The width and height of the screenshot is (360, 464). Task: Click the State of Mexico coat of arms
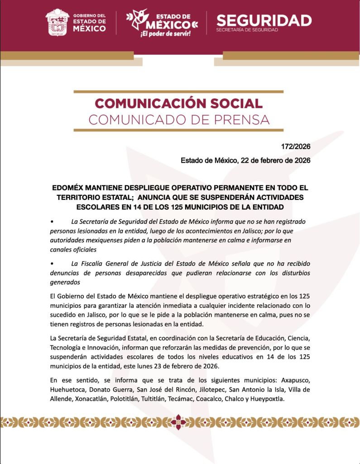(x=57, y=22)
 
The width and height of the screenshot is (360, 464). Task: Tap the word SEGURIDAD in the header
(x=264, y=20)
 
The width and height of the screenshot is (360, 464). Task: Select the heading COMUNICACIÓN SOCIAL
(x=178, y=103)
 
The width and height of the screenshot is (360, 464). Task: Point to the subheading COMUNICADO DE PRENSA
(x=179, y=120)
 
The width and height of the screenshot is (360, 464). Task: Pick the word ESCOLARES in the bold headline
(x=97, y=207)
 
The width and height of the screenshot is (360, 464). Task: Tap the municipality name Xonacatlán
(x=87, y=398)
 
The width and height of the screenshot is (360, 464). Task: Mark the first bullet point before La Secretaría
(x=53, y=222)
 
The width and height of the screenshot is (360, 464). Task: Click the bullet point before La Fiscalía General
(x=53, y=263)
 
